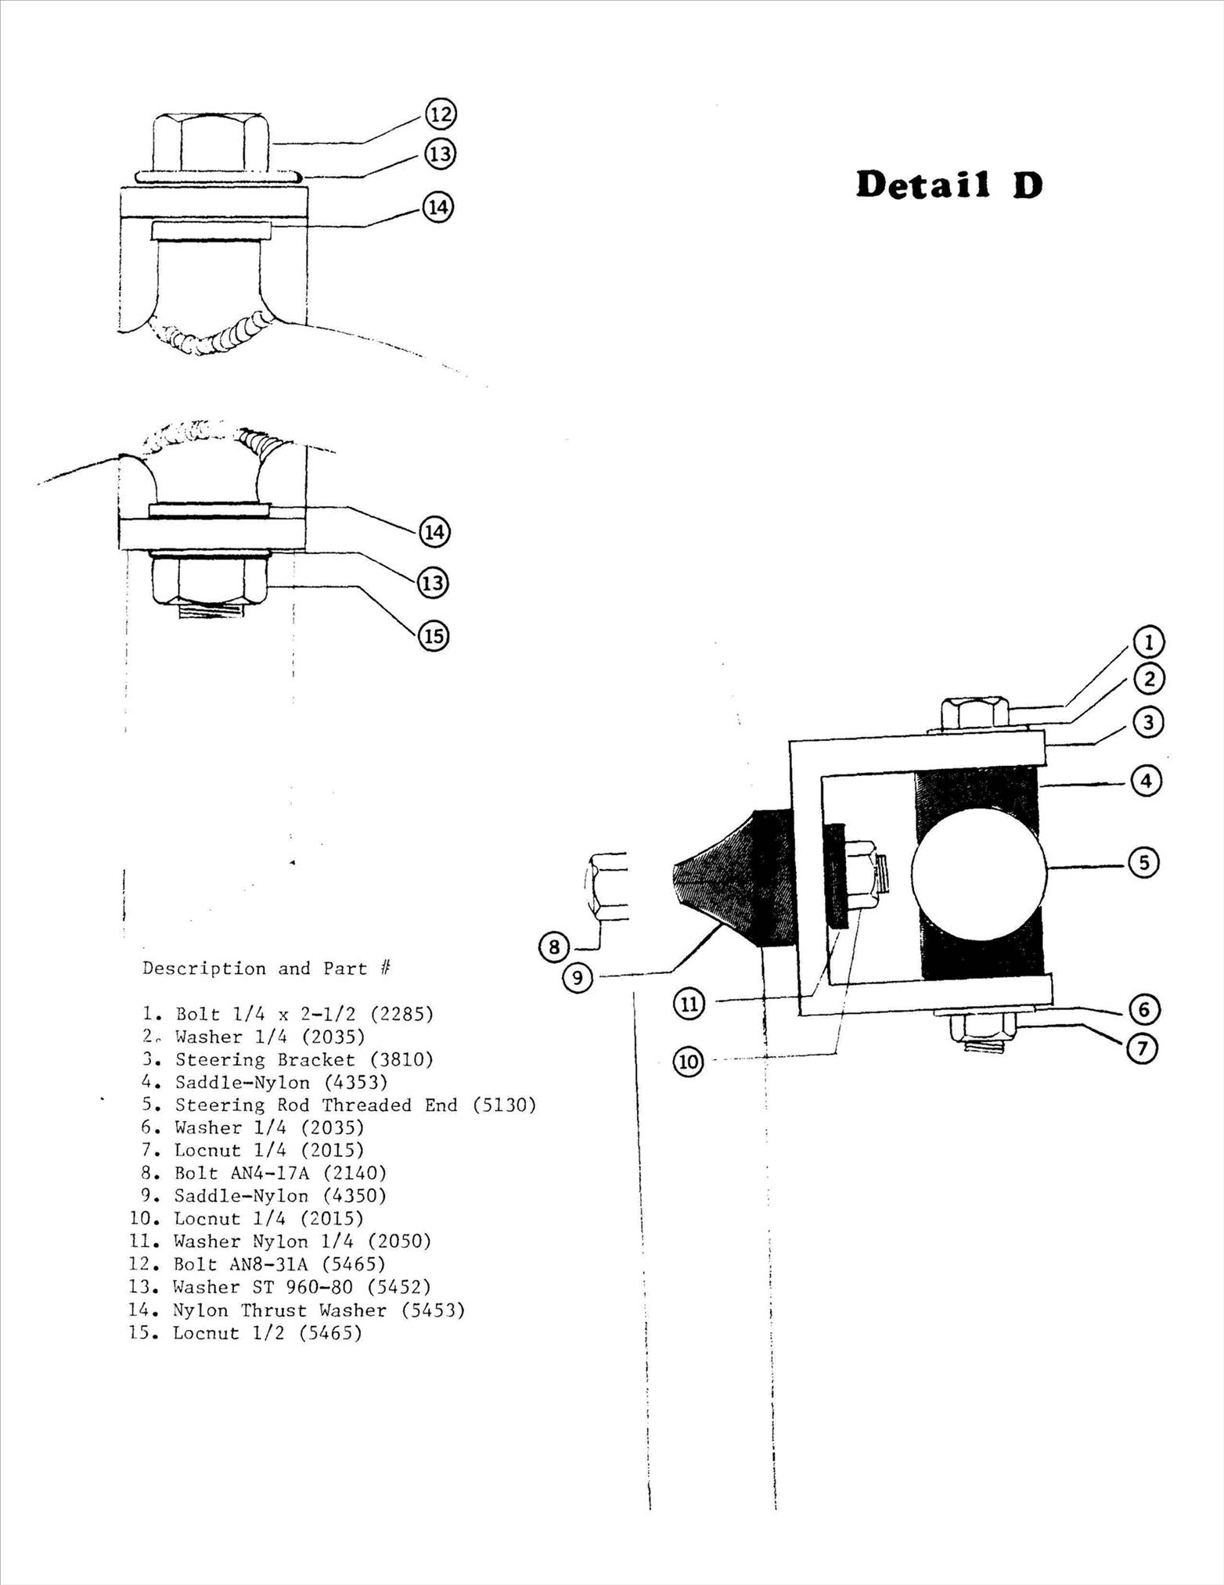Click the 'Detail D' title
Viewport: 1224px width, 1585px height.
(949, 185)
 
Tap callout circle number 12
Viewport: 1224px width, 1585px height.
(441, 115)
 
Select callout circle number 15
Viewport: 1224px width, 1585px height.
(434, 636)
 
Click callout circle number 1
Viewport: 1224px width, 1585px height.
(1149, 642)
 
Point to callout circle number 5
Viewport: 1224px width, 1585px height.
(1143, 863)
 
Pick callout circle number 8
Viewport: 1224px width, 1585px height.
(554, 948)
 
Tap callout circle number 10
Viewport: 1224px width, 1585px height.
(689, 1062)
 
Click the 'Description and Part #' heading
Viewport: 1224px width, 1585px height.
(266, 969)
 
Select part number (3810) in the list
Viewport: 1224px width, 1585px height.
(401, 1059)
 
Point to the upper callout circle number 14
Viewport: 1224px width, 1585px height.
(437, 207)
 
